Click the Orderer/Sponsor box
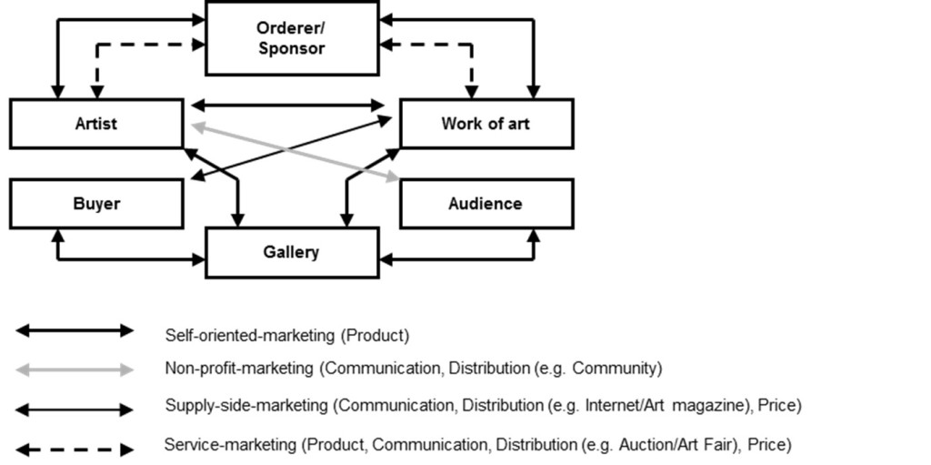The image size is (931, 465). click(291, 38)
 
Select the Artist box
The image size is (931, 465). click(96, 124)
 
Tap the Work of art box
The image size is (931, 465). click(486, 124)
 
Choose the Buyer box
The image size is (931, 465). click(96, 204)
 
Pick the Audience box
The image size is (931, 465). click(486, 204)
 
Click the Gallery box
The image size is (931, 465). click(291, 252)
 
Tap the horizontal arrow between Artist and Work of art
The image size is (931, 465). click(289, 106)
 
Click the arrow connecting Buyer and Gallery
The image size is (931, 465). click(127, 259)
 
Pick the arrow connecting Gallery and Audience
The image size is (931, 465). click(455, 259)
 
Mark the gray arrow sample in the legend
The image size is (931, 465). click(75, 369)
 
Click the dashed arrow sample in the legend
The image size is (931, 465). click(75, 449)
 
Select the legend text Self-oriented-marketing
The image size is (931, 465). click(250, 336)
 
